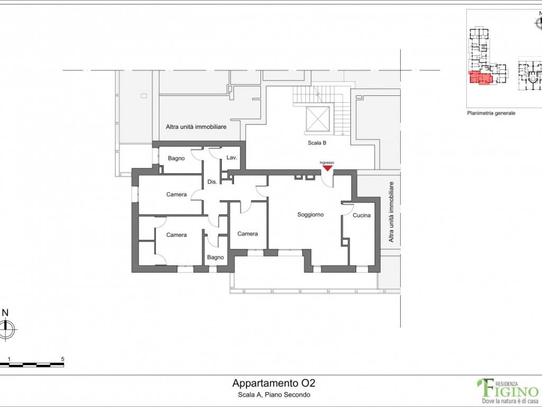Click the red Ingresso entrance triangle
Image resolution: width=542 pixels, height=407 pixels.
(327, 168)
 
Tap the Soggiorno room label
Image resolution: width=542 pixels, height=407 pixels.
(310, 215)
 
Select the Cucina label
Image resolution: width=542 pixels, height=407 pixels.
(362, 215)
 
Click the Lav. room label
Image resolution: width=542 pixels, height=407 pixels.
(232, 157)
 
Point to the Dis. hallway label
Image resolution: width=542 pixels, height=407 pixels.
(212, 182)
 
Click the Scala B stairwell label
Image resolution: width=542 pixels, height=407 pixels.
(317, 143)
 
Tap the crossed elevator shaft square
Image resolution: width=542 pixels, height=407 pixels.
(318, 119)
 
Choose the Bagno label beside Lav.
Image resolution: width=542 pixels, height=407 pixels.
(176, 158)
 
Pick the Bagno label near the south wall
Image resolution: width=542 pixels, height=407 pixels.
(215, 258)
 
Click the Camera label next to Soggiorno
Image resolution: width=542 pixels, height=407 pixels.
(248, 234)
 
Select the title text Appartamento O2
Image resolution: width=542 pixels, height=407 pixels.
(274, 383)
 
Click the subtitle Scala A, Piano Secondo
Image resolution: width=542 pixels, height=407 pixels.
(274, 394)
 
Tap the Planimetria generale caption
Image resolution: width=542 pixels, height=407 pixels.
(491, 113)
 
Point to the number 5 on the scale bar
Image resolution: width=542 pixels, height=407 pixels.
(62, 359)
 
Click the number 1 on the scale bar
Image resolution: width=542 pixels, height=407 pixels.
(10, 359)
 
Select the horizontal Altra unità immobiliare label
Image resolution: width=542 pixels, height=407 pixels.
(196, 127)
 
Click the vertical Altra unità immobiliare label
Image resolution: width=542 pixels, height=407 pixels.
(391, 212)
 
